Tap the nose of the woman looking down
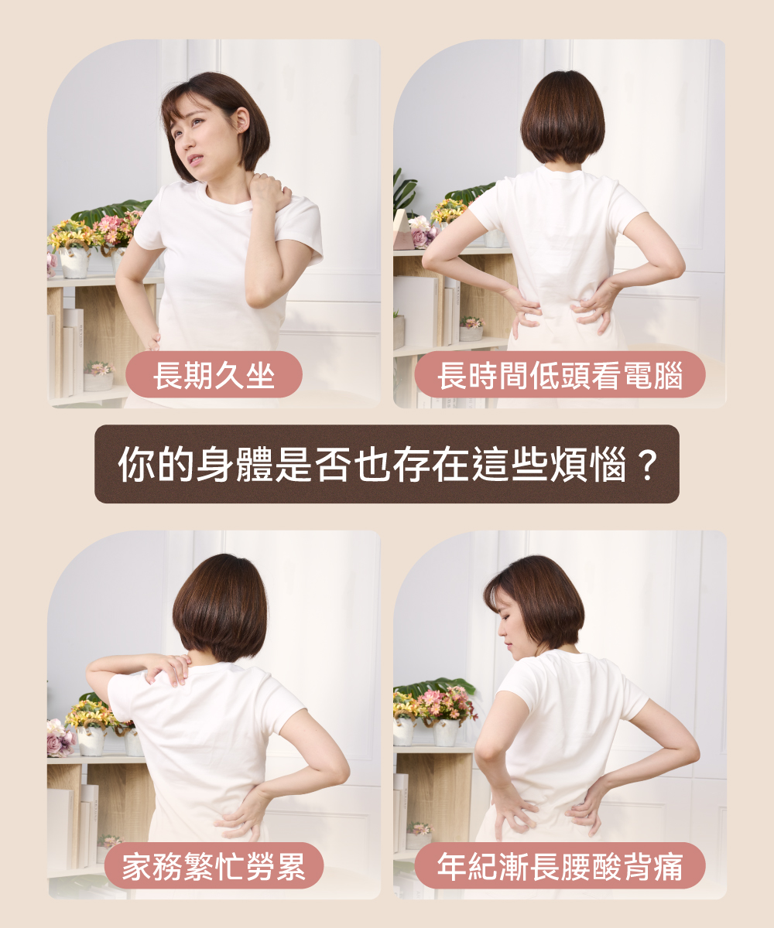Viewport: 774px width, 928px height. click(x=502, y=629)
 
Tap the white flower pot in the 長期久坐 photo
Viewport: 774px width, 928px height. click(x=74, y=262)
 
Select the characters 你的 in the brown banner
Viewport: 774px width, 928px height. click(x=156, y=465)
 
